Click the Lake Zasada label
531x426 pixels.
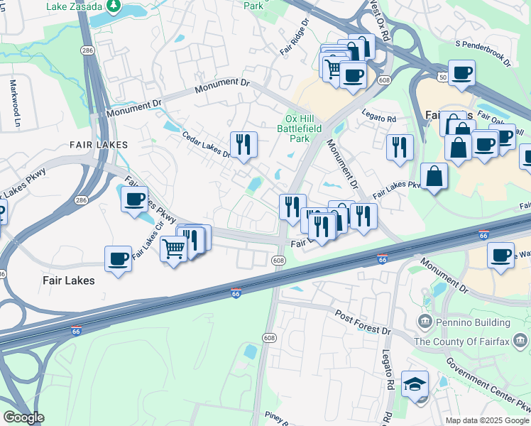point(74,6)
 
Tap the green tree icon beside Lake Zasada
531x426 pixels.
point(114,6)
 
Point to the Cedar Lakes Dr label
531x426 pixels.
point(207,144)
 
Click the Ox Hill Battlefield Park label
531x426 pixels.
point(303,129)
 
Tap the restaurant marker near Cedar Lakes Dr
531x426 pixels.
point(243,144)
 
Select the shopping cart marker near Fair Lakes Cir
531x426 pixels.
point(174,249)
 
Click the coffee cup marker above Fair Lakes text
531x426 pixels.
point(118,258)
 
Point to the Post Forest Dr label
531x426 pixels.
point(363,322)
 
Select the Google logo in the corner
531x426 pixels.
point(23,417)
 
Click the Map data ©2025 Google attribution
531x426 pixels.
point(486,420)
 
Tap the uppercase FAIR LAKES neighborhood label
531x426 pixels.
point(98,145)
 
